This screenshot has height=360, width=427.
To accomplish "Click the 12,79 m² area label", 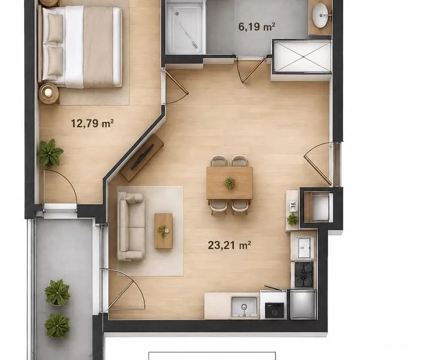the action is click(x=92, y=123).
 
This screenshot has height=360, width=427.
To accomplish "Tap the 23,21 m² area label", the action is click(x=230, y=245).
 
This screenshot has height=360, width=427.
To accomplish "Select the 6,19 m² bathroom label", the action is click(x=257, y=27).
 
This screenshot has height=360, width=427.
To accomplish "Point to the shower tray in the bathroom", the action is click(x=184, y=28).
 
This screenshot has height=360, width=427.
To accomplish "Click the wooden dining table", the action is click(x=230, y=183).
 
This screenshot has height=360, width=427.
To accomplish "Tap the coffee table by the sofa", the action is click(x=163, y=231).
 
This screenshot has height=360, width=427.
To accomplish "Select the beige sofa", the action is click(x=130, y=226).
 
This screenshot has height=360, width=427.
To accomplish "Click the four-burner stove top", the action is click(x=304, y=274).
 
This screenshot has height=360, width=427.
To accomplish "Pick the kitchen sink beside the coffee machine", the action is click(x=244, y=307).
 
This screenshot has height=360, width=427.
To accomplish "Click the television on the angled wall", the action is click(x=142, y=157).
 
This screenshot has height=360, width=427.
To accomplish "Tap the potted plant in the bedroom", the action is click(x=50, y=153).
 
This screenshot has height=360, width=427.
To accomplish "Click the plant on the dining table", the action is click(x=230, y=182).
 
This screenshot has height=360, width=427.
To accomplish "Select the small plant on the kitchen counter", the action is click(x=292, y=219).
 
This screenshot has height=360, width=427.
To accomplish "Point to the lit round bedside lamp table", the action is click(x=49, y=93).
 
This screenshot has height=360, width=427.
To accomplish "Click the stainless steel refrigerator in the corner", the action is click(x=303, y=305).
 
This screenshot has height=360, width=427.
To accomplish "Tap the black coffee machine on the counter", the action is click(x=274, y=310).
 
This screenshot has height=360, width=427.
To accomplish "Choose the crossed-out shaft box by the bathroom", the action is click(x=303, y=57).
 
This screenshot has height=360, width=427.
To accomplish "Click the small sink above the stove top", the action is click(x=304, y=247).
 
